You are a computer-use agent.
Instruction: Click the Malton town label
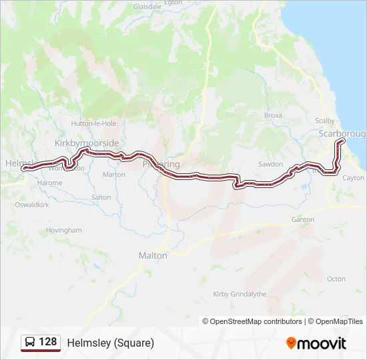click(x=153, y=255)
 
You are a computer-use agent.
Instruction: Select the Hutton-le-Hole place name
click(x=93, y=123)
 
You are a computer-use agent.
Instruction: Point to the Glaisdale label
click(x=147, y=6)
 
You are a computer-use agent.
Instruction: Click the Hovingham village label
click(x=63, y=230)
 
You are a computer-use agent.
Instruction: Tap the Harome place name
click(x=50, y=183)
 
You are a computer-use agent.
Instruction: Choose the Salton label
click(x=101, y=197)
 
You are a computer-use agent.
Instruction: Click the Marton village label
click(x=114, y=175)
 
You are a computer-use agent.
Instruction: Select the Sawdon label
click(x=270, y=164)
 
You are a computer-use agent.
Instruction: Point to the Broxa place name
click(x=273, y=115)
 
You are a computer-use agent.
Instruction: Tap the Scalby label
click(x=325, y=121)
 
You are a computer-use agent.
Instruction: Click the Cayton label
click(x=353, y=178)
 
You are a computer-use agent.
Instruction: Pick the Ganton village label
click(x=302, y=219)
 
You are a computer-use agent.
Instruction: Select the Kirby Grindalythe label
click(x=239, y=294)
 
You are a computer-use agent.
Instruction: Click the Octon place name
click(x=336, y=279)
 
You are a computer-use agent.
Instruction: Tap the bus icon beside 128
click(x=30, y=343)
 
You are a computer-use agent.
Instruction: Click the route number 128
click(x=48, y=342)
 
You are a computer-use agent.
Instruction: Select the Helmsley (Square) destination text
click(x=111, y=343)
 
